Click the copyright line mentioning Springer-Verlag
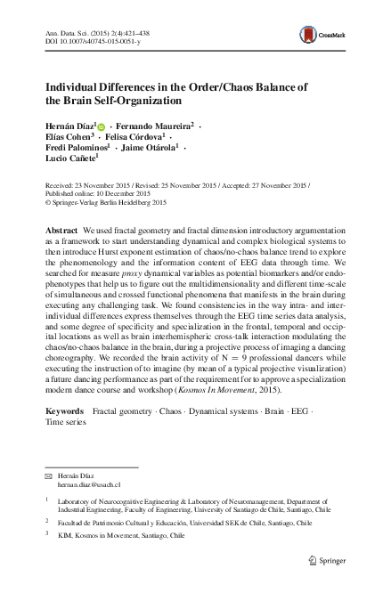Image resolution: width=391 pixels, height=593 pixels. [107, 201]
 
